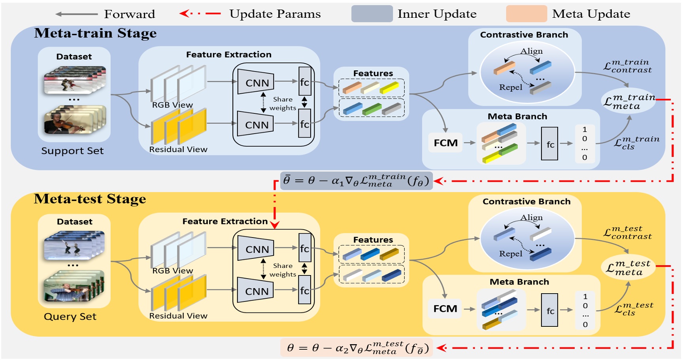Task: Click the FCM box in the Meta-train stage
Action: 445,143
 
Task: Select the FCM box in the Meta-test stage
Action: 445,309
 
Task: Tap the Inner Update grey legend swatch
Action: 372,14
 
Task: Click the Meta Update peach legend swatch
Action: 526,14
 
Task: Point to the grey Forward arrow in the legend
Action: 76,14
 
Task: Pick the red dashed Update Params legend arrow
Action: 200,13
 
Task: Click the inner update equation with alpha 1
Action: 356,181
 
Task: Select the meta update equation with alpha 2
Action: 357,348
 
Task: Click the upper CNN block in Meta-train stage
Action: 257,83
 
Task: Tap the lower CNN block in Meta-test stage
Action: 257,291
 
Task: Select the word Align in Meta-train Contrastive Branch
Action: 531,51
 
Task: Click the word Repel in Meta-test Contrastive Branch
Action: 510,254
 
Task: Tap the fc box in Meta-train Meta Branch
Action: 549,144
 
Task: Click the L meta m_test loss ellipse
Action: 628,268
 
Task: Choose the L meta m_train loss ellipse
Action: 628,102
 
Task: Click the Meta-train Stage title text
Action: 95,33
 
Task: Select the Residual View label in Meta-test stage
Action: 178,316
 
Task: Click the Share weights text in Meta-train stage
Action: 283,104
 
